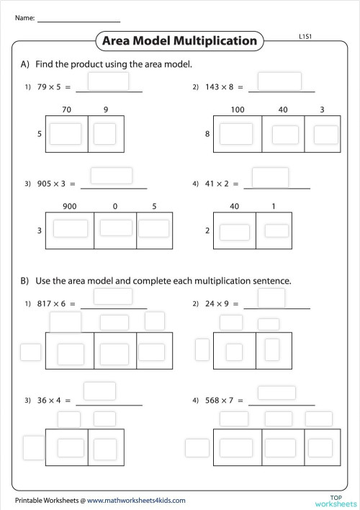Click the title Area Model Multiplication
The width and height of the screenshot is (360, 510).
179,41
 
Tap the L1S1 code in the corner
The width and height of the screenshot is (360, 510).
305,35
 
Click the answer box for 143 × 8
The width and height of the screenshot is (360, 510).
279,81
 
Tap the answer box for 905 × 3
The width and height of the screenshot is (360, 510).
111,176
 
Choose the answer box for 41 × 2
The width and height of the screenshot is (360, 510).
270,177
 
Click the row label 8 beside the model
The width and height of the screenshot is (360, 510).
207,134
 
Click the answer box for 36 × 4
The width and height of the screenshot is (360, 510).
100,391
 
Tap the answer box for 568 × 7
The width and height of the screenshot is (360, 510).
277,393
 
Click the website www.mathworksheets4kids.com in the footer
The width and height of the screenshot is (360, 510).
136,500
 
